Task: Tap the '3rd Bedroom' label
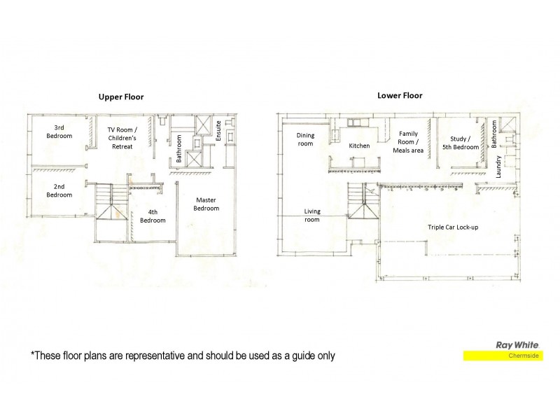59,132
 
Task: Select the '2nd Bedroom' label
59,190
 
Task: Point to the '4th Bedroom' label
153,216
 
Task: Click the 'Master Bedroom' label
206,204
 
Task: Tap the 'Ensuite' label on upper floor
219,131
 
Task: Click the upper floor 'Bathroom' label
179,148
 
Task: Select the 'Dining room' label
305,139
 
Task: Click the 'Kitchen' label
359,146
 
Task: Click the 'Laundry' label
498,167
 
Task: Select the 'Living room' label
312,216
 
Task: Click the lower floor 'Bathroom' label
494,133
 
